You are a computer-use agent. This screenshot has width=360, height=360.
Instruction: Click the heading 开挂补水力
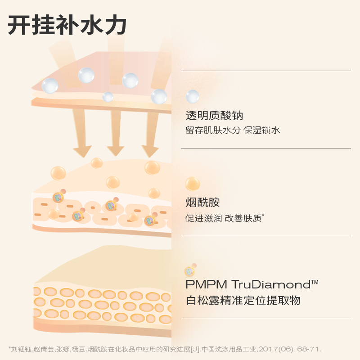67,25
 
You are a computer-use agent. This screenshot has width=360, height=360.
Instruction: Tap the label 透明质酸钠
215,116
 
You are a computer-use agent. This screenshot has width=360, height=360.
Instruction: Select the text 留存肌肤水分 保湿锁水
233,130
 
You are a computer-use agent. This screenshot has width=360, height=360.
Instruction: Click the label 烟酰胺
202,202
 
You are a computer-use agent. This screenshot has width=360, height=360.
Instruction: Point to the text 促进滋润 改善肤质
224,218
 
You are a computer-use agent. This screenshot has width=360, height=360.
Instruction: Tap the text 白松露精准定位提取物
243,300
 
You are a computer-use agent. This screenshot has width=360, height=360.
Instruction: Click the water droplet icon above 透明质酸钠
193,96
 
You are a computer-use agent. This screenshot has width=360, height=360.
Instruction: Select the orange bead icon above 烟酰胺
193,184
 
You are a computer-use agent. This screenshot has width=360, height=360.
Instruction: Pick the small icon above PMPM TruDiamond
190,270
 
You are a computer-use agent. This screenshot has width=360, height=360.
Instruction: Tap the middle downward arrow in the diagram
116,135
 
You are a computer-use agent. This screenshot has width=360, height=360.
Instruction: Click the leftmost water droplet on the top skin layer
50,85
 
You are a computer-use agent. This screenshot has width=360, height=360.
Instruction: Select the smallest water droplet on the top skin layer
108,97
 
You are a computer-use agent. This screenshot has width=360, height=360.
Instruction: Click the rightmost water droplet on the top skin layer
159,96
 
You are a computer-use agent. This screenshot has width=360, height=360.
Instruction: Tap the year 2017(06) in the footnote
272,349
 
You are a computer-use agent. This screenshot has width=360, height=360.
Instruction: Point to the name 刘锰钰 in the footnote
20,349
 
